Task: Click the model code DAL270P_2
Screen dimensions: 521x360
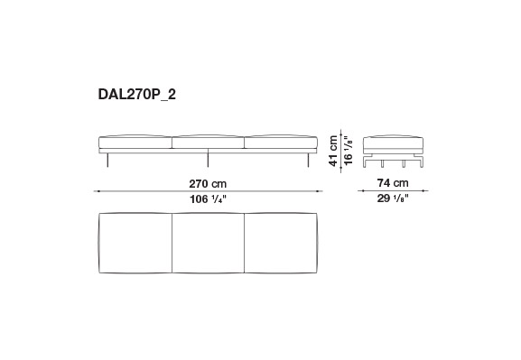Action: pyautogui.click(x=137, y=95)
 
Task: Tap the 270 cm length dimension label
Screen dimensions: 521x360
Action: pyautogui.click(x=208, y=184)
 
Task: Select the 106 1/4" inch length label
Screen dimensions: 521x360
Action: pyautogui.click(x=208, y=199)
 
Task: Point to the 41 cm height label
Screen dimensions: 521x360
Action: pyautogui.click(x=333, y=151)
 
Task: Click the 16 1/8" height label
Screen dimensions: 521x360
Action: pyautogui.click(x=348, y=151)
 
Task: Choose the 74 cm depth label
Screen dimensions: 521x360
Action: pyautogui.click(x=393, y=182)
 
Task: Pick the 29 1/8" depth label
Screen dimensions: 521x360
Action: pyautogui.click(x=393, y=198)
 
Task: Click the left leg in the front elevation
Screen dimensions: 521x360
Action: pyautogui.click(x=107, y=160)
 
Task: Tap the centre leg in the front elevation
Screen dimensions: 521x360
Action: pyautogui.click(x=208, y=158)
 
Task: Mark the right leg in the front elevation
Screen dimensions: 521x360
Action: pyautogui.click(x=309, y=160)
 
